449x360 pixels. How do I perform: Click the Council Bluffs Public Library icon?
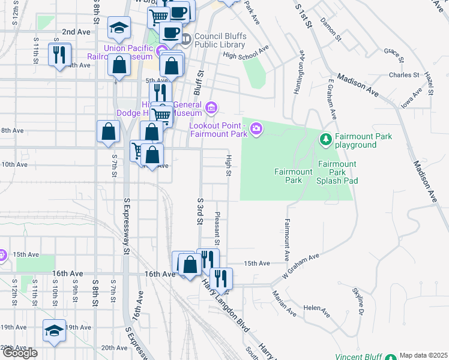pos(185,40)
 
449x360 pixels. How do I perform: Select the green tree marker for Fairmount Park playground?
pos(326,140)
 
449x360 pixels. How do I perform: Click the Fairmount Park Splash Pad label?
pos(337,172)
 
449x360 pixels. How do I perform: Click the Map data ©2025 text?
pos(424,355)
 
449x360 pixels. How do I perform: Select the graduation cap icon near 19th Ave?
pos(54,331)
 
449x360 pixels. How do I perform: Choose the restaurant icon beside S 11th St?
pos(59,55)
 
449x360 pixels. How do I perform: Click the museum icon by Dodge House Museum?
pos(211,107)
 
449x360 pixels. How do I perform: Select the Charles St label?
pos(403,75)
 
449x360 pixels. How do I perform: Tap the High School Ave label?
pos(245,53)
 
